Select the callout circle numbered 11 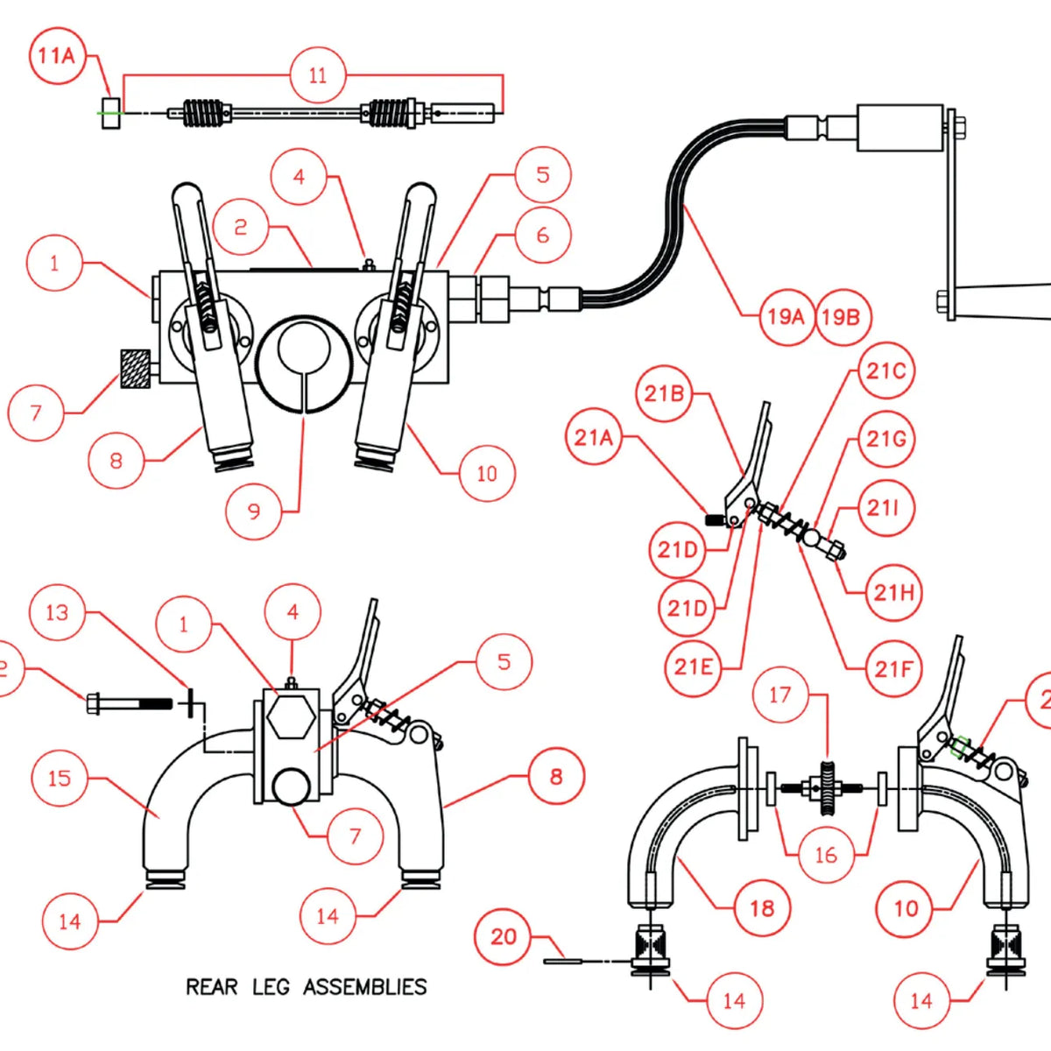318,75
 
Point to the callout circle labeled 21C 885,371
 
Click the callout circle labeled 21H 893,593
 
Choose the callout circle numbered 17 780,695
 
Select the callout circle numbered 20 504,937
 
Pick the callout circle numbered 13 57,613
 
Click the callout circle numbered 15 60,778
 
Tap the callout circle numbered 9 254,511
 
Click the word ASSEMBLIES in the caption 365,987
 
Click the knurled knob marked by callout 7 134,369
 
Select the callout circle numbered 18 762,908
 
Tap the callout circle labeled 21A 593,437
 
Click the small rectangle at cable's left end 109,112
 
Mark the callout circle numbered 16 826,855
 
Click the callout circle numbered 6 543,236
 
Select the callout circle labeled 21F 893,670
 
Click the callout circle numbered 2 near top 241,228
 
